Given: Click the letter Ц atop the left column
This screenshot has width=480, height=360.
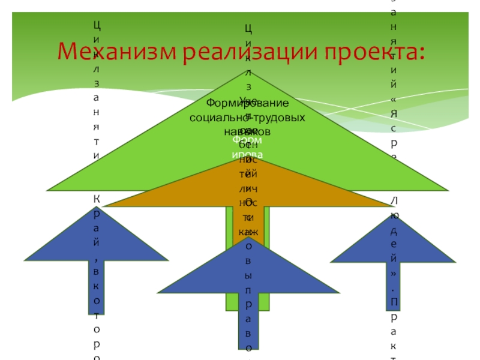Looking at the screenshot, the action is point(96,25).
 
